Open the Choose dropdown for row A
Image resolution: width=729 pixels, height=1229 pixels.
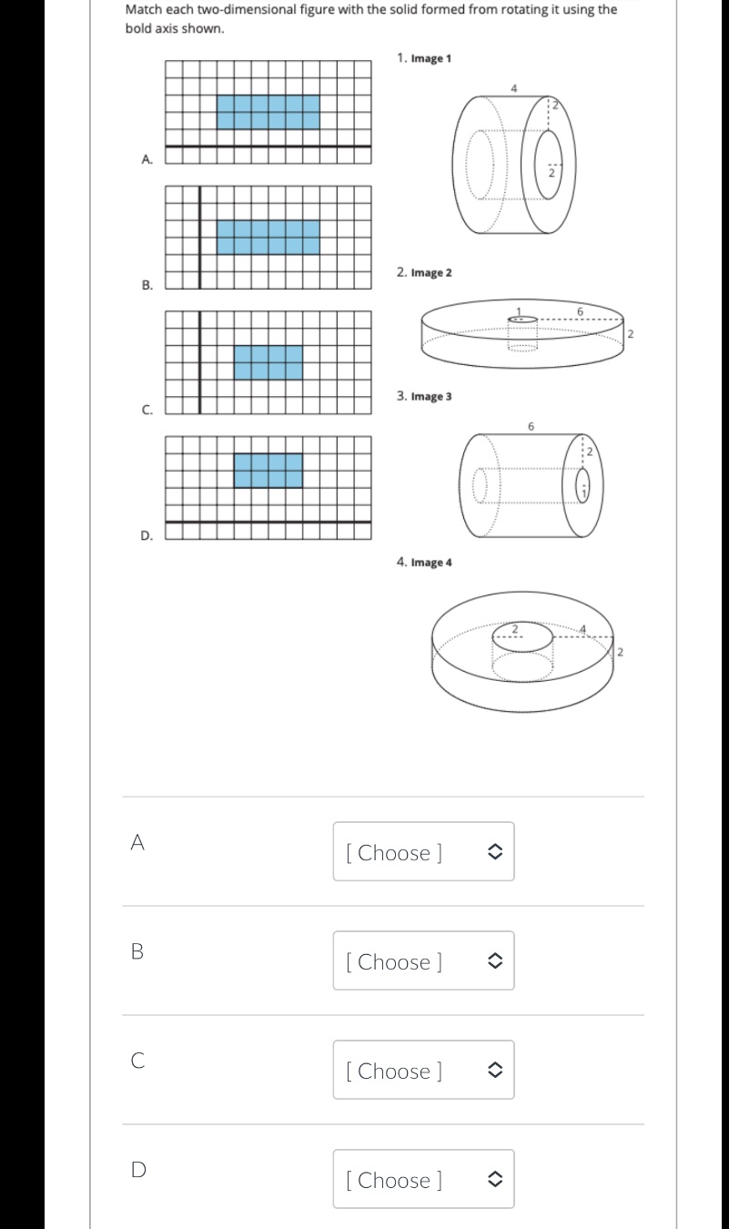coord(423,852)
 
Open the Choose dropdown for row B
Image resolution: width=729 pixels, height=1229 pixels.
coord(423,961)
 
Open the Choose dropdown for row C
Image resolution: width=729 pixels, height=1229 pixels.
coord(423,1071)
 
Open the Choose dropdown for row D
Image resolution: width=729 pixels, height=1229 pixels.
coord(423,1180)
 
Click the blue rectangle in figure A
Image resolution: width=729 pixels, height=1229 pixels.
coord(268,112)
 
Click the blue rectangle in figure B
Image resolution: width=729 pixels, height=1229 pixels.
coord(268,237)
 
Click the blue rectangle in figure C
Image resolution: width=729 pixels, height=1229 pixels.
coord(268,361)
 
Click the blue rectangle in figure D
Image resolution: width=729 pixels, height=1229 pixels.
coord(268,470)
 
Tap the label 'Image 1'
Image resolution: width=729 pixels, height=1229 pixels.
coord(431,58)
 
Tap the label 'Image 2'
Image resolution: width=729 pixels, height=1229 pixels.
coord(431,273)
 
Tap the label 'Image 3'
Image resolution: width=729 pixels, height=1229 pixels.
coord(431,397)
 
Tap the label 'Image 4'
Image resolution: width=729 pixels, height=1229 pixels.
coord(431,563)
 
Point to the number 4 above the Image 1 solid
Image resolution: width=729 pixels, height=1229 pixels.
coord(514,87)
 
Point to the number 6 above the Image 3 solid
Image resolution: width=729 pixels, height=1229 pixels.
coord(531,426)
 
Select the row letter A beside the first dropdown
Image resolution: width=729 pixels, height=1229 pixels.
coord(137,843)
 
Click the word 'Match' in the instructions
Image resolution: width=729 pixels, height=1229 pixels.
coord(142,10)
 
